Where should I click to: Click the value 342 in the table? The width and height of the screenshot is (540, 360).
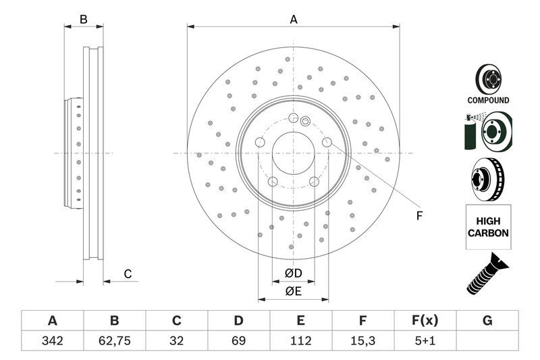[52, 341]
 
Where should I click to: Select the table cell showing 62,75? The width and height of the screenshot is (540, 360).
[114, 341]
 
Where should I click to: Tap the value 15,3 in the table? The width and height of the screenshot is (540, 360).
[362, 341]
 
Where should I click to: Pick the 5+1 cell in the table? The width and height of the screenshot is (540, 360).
[425, 341]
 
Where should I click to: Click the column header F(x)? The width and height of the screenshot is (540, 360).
[425, 320]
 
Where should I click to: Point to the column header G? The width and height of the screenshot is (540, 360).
[487, 320]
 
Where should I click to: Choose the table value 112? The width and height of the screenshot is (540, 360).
[300, 341]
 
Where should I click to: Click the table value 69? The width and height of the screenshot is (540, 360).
[238, 341]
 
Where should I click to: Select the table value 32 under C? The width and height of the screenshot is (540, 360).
[176, 341]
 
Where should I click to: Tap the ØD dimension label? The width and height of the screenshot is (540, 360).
[292, 273]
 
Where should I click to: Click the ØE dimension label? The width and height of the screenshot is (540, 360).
[292, 291]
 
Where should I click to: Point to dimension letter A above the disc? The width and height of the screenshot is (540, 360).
[294, 20]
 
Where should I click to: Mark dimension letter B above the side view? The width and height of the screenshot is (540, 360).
[84, 20]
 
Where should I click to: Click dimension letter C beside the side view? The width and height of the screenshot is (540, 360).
[127, 274]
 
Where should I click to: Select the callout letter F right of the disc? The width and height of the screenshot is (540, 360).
[418, 216]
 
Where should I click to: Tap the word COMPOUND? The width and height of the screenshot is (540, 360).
[488, 100]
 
